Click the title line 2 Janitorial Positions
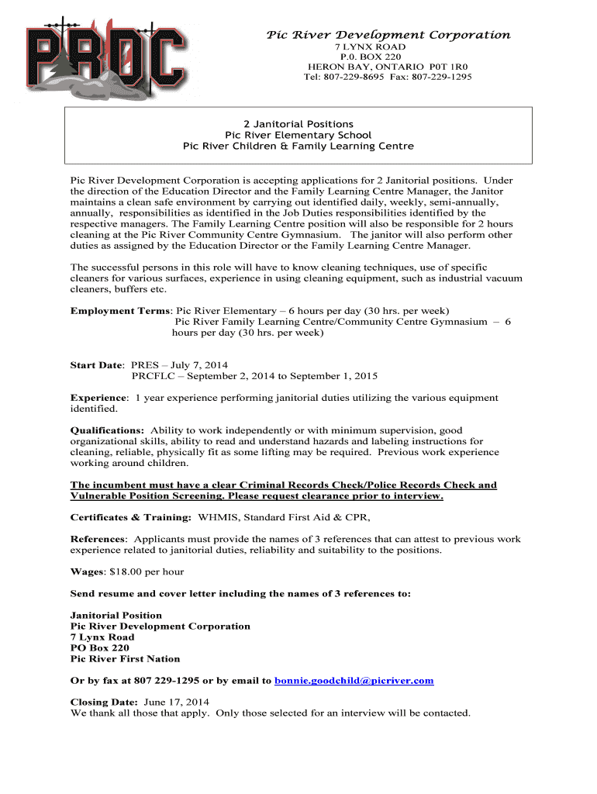298,124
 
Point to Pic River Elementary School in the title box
298,135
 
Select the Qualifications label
107,430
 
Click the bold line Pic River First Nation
125,659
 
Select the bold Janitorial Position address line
116,616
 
